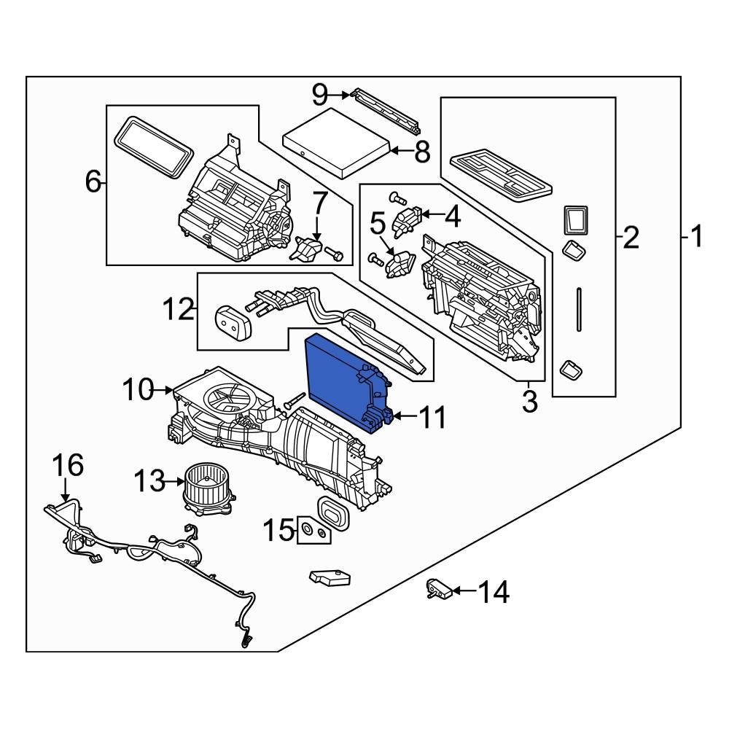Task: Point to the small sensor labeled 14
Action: click(x=440, y=589)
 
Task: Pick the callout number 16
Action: click(x=67, y=465)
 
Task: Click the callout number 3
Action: click(x=529, y=400)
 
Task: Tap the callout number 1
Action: click(x=695, y=237)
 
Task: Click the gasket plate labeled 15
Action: click(x=315, y=532)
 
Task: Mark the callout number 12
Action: click(x=177, y=310)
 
